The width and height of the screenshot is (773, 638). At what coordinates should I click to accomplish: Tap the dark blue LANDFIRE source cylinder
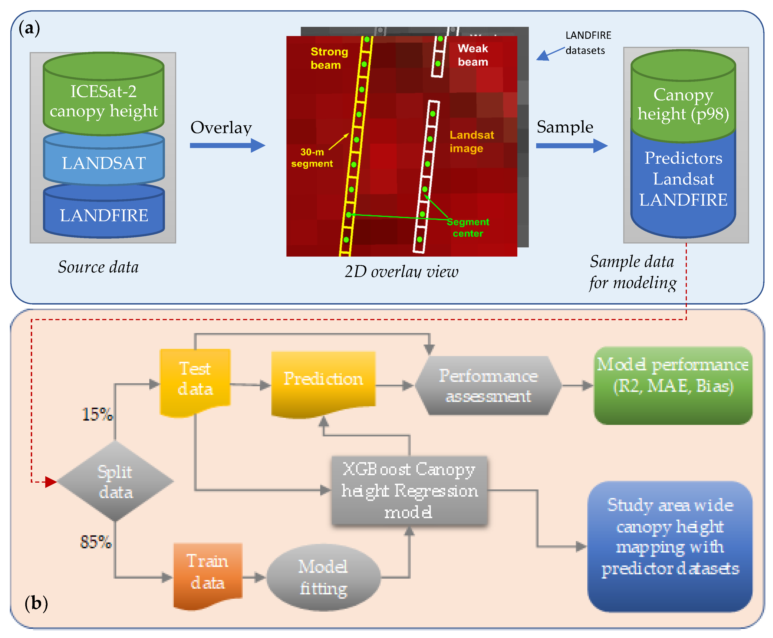pyautogui.click(x=103, y=215)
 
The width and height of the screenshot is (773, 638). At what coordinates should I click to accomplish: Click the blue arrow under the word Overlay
pyautogui.click(x=227, y=145)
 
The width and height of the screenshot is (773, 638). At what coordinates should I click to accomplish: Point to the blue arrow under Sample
pyautogui.click(x=571, y=146)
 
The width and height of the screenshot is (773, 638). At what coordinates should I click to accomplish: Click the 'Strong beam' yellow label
pyautogui.click(x=329, y=58)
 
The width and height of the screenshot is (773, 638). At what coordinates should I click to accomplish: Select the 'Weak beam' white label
pyautogui.click(x=473, y=55)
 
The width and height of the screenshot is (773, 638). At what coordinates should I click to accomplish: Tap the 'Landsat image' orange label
pyautogui.click(x=471, y=142)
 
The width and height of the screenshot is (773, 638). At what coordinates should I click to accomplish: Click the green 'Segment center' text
pyautogui.click(x=468, y=227)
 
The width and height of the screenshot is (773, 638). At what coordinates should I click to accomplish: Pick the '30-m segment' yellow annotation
pyautogui.click(x=312, y=158)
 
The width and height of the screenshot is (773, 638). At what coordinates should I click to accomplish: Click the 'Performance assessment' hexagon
pyautogui.click(x=488, y=386)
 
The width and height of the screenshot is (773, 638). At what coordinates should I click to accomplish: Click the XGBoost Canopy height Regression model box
pyautogui.click(x=409, y=491)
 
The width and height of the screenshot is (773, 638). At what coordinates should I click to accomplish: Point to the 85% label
pyautogui.click(x=96, y=542)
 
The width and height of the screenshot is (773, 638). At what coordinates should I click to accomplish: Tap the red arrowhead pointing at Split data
pyautogui.click(x=50, y=481)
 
